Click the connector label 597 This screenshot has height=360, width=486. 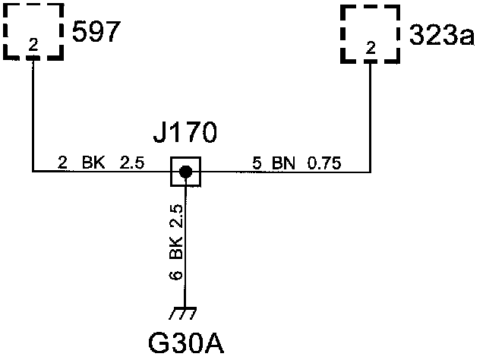96,33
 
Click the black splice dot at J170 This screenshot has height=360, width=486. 185,172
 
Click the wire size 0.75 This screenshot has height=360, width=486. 324,162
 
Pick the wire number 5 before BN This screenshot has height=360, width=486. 257,162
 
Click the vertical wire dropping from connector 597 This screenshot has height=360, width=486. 33,114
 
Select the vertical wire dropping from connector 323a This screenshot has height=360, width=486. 370,114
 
